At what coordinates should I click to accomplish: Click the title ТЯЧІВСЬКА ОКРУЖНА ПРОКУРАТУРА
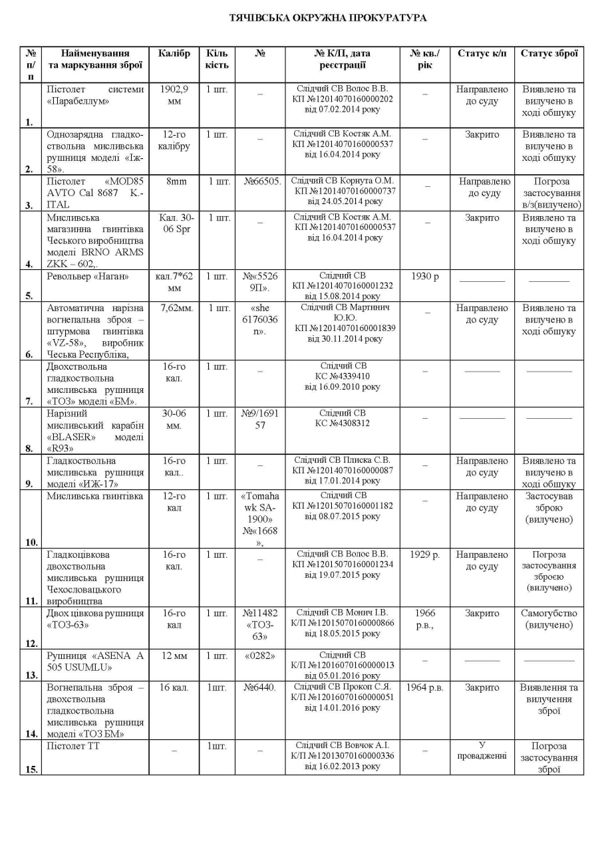(328, 17)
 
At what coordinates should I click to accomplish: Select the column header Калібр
(174, 53)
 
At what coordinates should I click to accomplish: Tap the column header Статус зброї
(548, 53)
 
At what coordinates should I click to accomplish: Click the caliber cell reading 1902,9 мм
(174, 95)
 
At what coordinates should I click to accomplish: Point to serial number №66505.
(259, 180)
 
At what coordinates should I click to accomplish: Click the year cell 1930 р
(424, 276)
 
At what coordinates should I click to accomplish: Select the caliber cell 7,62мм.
(174, 308)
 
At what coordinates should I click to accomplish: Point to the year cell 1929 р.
(424, 554)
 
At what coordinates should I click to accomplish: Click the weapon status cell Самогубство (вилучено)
(548, 619)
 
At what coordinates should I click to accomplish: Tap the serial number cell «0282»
(259, 656)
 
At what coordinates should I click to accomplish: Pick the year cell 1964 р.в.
(424, 687)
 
